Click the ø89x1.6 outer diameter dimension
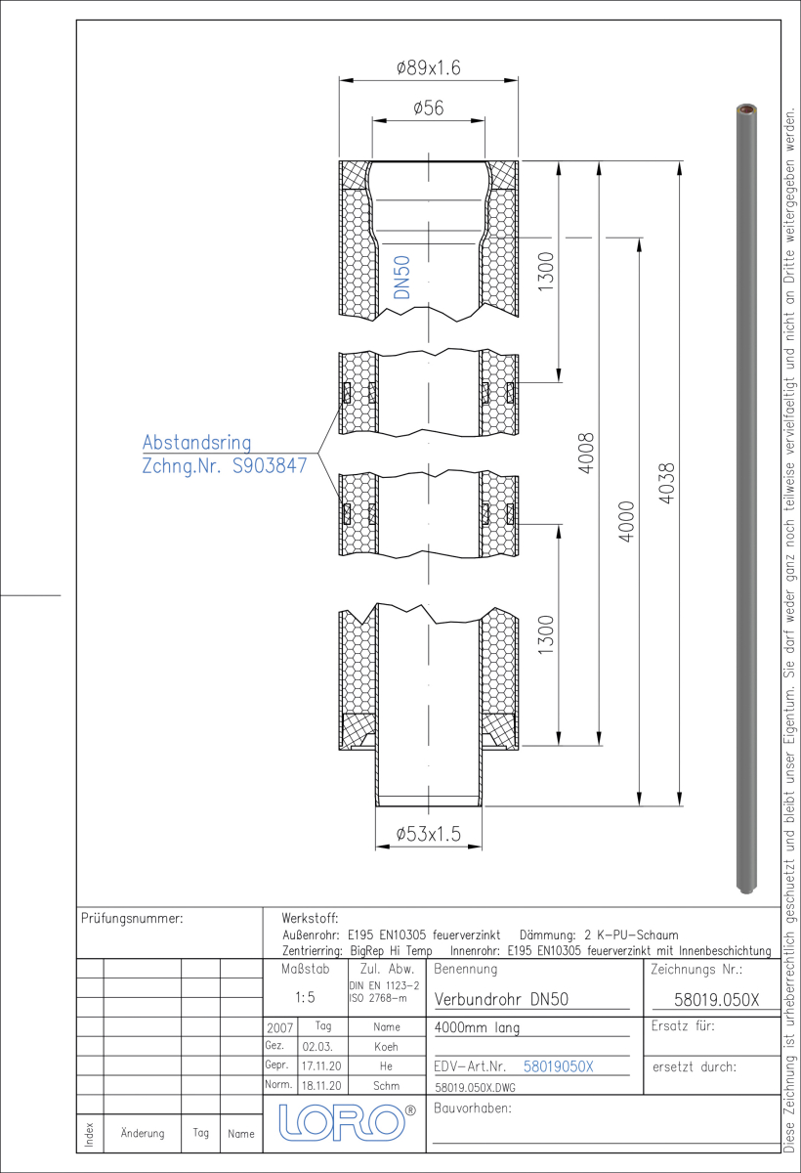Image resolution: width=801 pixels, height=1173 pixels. tap(429, 68)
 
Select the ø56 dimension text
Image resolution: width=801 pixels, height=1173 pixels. tap(429, 108)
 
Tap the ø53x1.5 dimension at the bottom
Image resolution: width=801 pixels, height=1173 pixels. tap(429, 834)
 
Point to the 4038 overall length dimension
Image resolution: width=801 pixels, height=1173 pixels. tap(666, 483)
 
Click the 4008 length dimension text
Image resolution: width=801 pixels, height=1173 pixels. tap(586, 453)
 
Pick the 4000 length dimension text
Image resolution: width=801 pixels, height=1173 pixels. tap(626, 522)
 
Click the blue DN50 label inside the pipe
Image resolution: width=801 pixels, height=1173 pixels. tap(401, 278)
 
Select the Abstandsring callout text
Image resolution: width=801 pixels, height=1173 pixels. tap(196, 443)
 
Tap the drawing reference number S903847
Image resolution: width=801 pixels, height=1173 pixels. tap(270, 465)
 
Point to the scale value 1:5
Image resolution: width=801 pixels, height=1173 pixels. tap(305, 998)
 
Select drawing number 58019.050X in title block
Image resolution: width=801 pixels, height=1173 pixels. tap(716, 1000)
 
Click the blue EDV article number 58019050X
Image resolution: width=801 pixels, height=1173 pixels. tap(558, 1066)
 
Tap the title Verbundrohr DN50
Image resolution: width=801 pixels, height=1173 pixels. tap(501, 999)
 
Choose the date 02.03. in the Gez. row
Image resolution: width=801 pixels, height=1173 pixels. tap(317, 1047)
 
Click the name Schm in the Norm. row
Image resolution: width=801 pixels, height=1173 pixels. tap(386, 1086)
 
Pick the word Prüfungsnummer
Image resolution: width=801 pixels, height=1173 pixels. tap(132, 919)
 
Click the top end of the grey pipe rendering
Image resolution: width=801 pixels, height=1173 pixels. tap(746, 109)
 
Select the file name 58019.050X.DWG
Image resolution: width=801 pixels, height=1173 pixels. tap(475, 1088)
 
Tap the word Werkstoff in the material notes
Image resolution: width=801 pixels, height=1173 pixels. tap(310, 918)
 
